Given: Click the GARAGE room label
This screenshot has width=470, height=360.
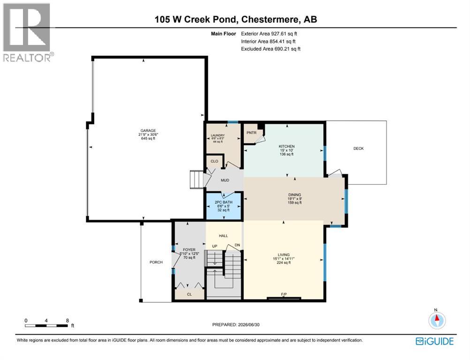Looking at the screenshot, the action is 148,131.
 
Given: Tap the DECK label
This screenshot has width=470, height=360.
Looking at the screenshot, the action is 358,149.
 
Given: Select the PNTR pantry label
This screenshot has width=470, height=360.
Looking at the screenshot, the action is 251,133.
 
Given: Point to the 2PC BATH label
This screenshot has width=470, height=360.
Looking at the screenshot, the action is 224,202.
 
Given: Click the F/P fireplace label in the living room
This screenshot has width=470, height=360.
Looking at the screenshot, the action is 284,294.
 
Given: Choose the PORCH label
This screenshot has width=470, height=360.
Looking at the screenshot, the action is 156,262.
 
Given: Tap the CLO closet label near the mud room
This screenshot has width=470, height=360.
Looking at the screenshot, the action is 214,161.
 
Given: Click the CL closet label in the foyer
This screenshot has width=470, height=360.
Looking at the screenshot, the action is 190,294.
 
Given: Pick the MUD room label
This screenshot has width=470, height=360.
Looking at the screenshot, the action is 225,180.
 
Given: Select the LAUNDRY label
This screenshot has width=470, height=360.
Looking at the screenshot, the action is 218,135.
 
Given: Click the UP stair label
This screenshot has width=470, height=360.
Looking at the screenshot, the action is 215,246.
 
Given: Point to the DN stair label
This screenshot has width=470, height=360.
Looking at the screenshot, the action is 237,245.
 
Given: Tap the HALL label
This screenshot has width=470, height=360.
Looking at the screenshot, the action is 223,236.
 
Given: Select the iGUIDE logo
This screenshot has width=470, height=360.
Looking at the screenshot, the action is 435,341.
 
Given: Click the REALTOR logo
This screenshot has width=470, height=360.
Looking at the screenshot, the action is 27,32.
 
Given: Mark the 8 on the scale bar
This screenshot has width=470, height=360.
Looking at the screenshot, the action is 68,321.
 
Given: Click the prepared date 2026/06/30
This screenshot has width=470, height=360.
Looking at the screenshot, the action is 249,325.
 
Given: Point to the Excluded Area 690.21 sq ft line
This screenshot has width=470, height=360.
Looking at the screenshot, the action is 271,49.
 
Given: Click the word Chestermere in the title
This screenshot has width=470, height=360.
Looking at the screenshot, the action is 270,20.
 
